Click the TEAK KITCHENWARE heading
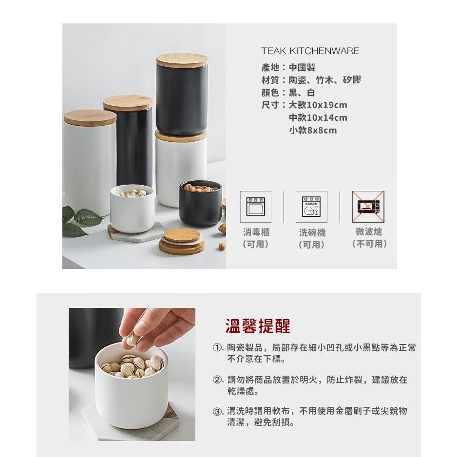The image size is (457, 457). tap(310, 51)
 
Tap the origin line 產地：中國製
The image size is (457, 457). tap(288, 67)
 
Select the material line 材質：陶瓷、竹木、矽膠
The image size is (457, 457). tap(311, 80)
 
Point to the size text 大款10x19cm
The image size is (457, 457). tap(318, 105)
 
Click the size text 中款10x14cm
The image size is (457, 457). tap(318, 117)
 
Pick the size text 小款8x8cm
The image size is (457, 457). tap(313, 130)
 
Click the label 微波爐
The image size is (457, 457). tap(369, 231)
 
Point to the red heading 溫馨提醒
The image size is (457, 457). tap(258, 326)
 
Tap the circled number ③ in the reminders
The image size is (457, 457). tap(217, 411)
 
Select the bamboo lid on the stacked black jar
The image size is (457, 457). tap(182, 60)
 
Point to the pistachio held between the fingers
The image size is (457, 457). tap(131, 340)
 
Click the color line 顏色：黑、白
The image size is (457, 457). tap(288, 93)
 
